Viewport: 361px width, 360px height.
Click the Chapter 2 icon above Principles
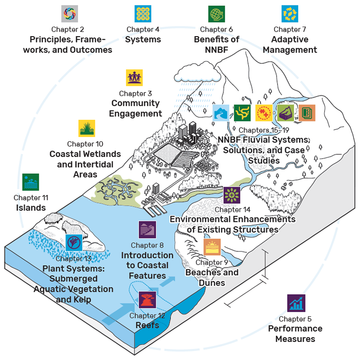tap(69, 14)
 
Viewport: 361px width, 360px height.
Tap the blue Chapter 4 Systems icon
tap(143, 14)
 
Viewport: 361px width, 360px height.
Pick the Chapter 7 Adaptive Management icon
tap(290, 14)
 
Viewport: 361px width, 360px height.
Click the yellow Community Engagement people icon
tap(134, 78)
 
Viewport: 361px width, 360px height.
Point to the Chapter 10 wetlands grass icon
tap(87, 128)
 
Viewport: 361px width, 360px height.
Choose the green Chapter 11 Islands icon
tap(31, 182)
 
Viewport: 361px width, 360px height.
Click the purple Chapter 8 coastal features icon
tap(147, 230)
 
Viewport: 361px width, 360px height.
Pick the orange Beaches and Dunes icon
tap(212, 247)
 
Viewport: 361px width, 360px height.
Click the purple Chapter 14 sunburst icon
tap(232, 195)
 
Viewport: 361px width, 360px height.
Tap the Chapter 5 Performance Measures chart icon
tap(296, 303)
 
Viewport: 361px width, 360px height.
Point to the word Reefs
tap(147, 325)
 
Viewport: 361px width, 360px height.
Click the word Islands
tap(31, 208)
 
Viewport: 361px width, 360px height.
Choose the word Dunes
tap(212, 283)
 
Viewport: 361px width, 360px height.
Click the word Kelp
tap(82, 300)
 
